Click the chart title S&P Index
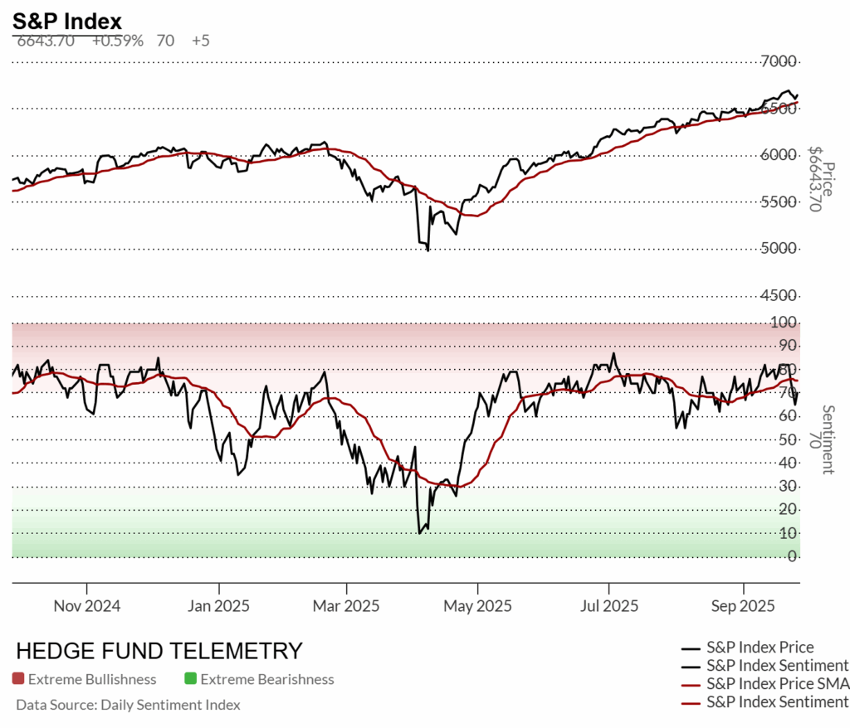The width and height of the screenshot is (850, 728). point(67,22)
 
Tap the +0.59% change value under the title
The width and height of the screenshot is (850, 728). point(118,40)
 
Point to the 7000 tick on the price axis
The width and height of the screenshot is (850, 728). point(779,61)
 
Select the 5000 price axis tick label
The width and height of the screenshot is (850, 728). point(779,248)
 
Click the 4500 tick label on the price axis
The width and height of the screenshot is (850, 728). point(779,295)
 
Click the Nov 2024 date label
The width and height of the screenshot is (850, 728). point(87,605)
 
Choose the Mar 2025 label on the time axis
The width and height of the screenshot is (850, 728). point(346,605)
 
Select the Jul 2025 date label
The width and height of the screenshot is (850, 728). point(608,605)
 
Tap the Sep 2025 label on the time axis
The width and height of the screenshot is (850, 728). point(743,605)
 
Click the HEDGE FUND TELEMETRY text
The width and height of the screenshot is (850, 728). point(159,650)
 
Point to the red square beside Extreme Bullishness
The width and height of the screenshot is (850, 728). point(18,679)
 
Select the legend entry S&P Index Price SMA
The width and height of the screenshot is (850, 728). point(777,684)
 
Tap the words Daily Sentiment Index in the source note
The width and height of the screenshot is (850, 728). point(169,705)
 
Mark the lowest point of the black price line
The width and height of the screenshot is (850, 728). point(427,250)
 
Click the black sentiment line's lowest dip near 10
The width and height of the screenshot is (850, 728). point(420,532)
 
